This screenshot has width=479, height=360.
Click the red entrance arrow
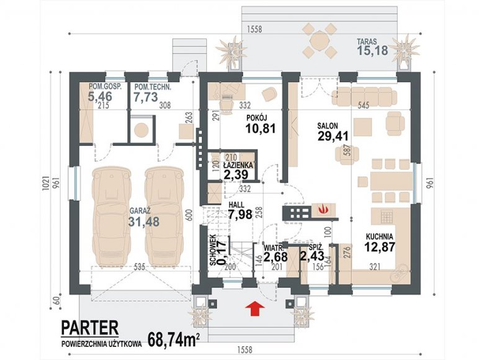pyautogui.click(x=255, y=308)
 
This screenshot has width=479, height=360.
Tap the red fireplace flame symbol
pyautogui.click(x=322, y=210)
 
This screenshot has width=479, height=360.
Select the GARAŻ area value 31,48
pyautogui.click(x=144, y=222)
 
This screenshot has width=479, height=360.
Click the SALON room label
pyautogui.click(x=327, y=126)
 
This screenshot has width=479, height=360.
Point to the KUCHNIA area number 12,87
pyautogui.click(x=380, y=246)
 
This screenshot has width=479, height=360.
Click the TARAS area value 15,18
pyautogui.click(x=373, y=50)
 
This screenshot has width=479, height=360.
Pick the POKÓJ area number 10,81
pyautogui.click(x=261, y=128)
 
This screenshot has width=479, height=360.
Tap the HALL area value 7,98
pyautogui.click(x=240, y=214)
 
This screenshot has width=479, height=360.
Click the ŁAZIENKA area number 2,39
pyautogui.click(x=236, y=174)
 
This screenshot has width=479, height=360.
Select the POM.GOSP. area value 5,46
pyautogui.click(x=100, y=96)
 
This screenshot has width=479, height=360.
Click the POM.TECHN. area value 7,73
pyautogui.click(x=146, y=96)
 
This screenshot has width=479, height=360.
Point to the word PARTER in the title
pyautogui.click(x=90, y=327)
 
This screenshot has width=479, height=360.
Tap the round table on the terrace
pyautogui.click(x=320, y=40)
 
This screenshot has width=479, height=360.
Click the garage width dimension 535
pyautogui.click(x=139, y=267)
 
